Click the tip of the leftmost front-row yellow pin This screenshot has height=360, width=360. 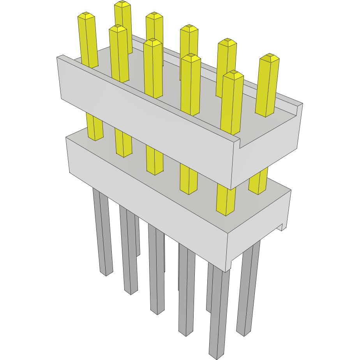tap(86, 16)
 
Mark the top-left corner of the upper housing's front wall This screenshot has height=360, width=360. tap(57, 57)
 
